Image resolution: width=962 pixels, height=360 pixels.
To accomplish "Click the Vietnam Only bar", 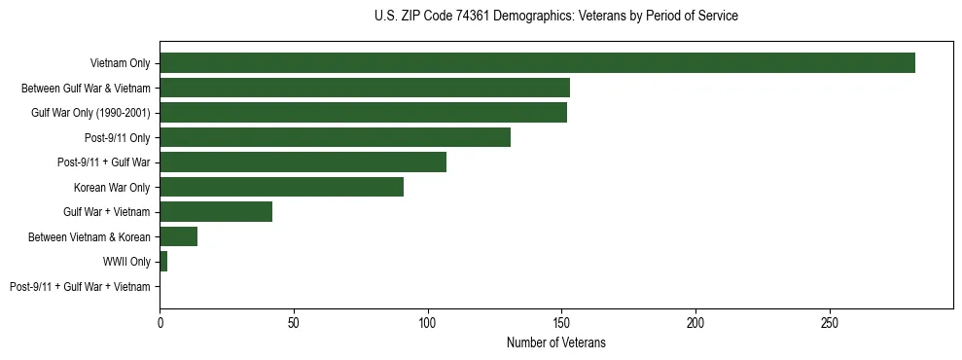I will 537,63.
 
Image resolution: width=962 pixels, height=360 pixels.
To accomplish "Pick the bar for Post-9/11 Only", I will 335,137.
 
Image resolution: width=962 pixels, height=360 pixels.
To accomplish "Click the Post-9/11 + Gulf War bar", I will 303,162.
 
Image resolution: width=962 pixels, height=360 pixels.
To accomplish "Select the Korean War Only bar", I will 281,187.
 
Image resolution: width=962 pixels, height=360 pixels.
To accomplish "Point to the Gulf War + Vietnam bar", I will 216,211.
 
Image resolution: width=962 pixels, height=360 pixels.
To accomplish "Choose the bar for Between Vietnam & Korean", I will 178,236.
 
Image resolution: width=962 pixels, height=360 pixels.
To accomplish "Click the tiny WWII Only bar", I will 163,261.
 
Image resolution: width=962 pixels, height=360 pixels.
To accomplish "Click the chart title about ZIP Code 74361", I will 555,17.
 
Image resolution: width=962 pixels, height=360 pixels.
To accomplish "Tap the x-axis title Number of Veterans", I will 555,342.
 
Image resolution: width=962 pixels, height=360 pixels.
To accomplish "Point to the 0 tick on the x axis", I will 160,321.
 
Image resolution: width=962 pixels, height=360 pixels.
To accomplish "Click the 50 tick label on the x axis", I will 294,321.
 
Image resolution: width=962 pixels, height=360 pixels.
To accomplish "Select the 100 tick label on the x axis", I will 428,321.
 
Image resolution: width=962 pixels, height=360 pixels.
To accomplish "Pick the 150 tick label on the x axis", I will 561,321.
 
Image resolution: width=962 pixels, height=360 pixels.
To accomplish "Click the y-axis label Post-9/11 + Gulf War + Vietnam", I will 80,286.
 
